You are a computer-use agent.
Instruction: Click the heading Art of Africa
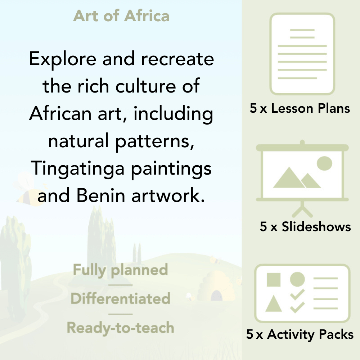coord(121,16)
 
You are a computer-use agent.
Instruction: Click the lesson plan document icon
coord(302,54)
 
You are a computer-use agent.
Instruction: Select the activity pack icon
coord(302,293)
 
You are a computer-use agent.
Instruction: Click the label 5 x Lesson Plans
coord(300,108)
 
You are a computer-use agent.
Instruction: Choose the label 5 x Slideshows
coord(305,226)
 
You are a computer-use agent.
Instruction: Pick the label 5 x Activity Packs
coord(300,334)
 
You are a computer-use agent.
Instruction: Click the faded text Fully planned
coord(120,270)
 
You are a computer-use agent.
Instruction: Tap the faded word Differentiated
coord(120,298)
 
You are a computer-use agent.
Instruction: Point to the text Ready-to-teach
coord(120,328)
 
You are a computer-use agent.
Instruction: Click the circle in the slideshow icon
coord(324,163)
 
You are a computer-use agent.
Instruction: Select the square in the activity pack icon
coord(274,280)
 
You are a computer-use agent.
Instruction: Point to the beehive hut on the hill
coord(214,286)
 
